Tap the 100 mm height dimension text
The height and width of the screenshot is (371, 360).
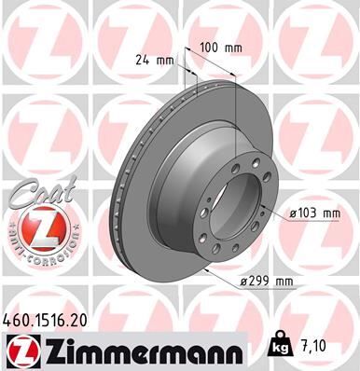pyautogui.click(x=215, y=46)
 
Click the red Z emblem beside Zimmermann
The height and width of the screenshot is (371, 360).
pyautogui.click(x=20, y=350)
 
